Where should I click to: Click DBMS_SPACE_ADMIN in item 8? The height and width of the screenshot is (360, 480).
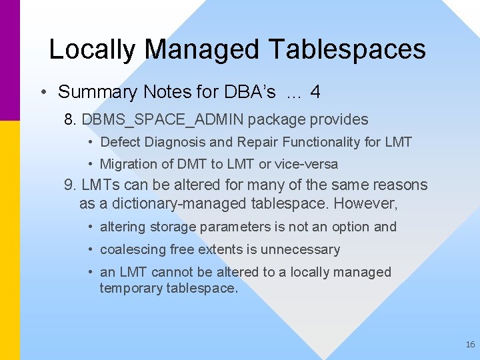tap(164, 120)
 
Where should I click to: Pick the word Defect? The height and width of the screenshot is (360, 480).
tap(120, 142)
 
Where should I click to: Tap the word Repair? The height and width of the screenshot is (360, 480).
tap(256, 142)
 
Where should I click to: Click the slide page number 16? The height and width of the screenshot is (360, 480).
tap(470, 345)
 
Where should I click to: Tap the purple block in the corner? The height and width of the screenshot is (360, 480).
tap(10, 60)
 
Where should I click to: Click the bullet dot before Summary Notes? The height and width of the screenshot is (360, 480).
tap(43, 93)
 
